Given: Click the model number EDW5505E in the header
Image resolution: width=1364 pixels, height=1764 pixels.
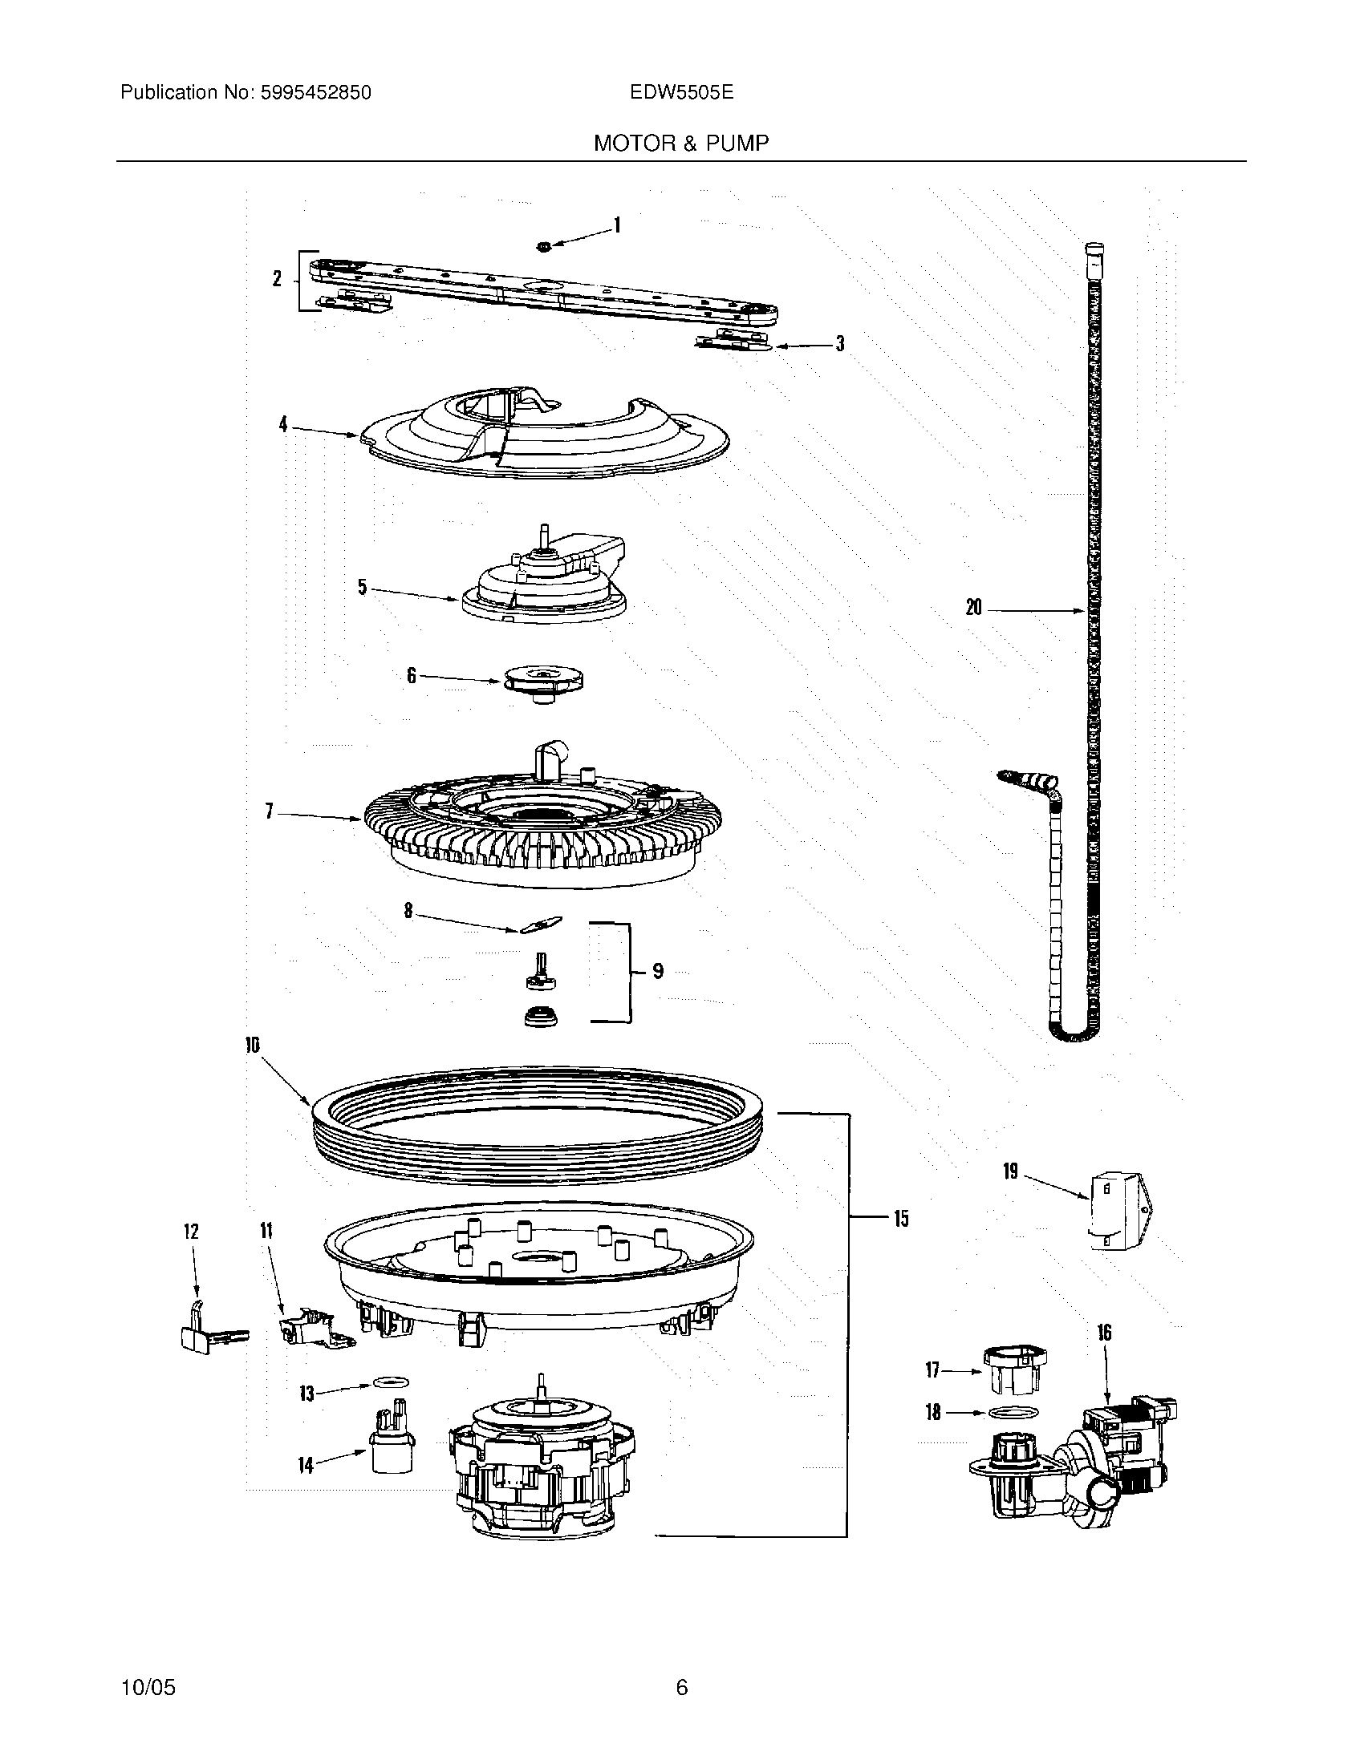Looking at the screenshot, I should point(681,93).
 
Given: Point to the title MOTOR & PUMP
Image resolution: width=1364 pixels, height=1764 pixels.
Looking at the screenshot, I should point(681,144).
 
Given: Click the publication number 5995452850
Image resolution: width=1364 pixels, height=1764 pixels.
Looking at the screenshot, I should point(315,93).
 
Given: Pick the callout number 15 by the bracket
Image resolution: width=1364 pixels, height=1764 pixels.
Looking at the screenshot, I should point(901,1218).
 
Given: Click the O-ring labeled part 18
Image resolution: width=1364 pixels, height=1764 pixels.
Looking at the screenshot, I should point(1013,1412).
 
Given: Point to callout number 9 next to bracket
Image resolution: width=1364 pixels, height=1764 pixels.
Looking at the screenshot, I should point(657,971).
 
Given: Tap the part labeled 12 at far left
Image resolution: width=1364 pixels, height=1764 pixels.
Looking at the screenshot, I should point(198,1333).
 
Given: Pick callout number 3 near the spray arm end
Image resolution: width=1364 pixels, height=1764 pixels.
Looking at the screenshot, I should point(839,344).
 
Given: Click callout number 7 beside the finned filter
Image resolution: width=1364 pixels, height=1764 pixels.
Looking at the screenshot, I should point(270,811).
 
